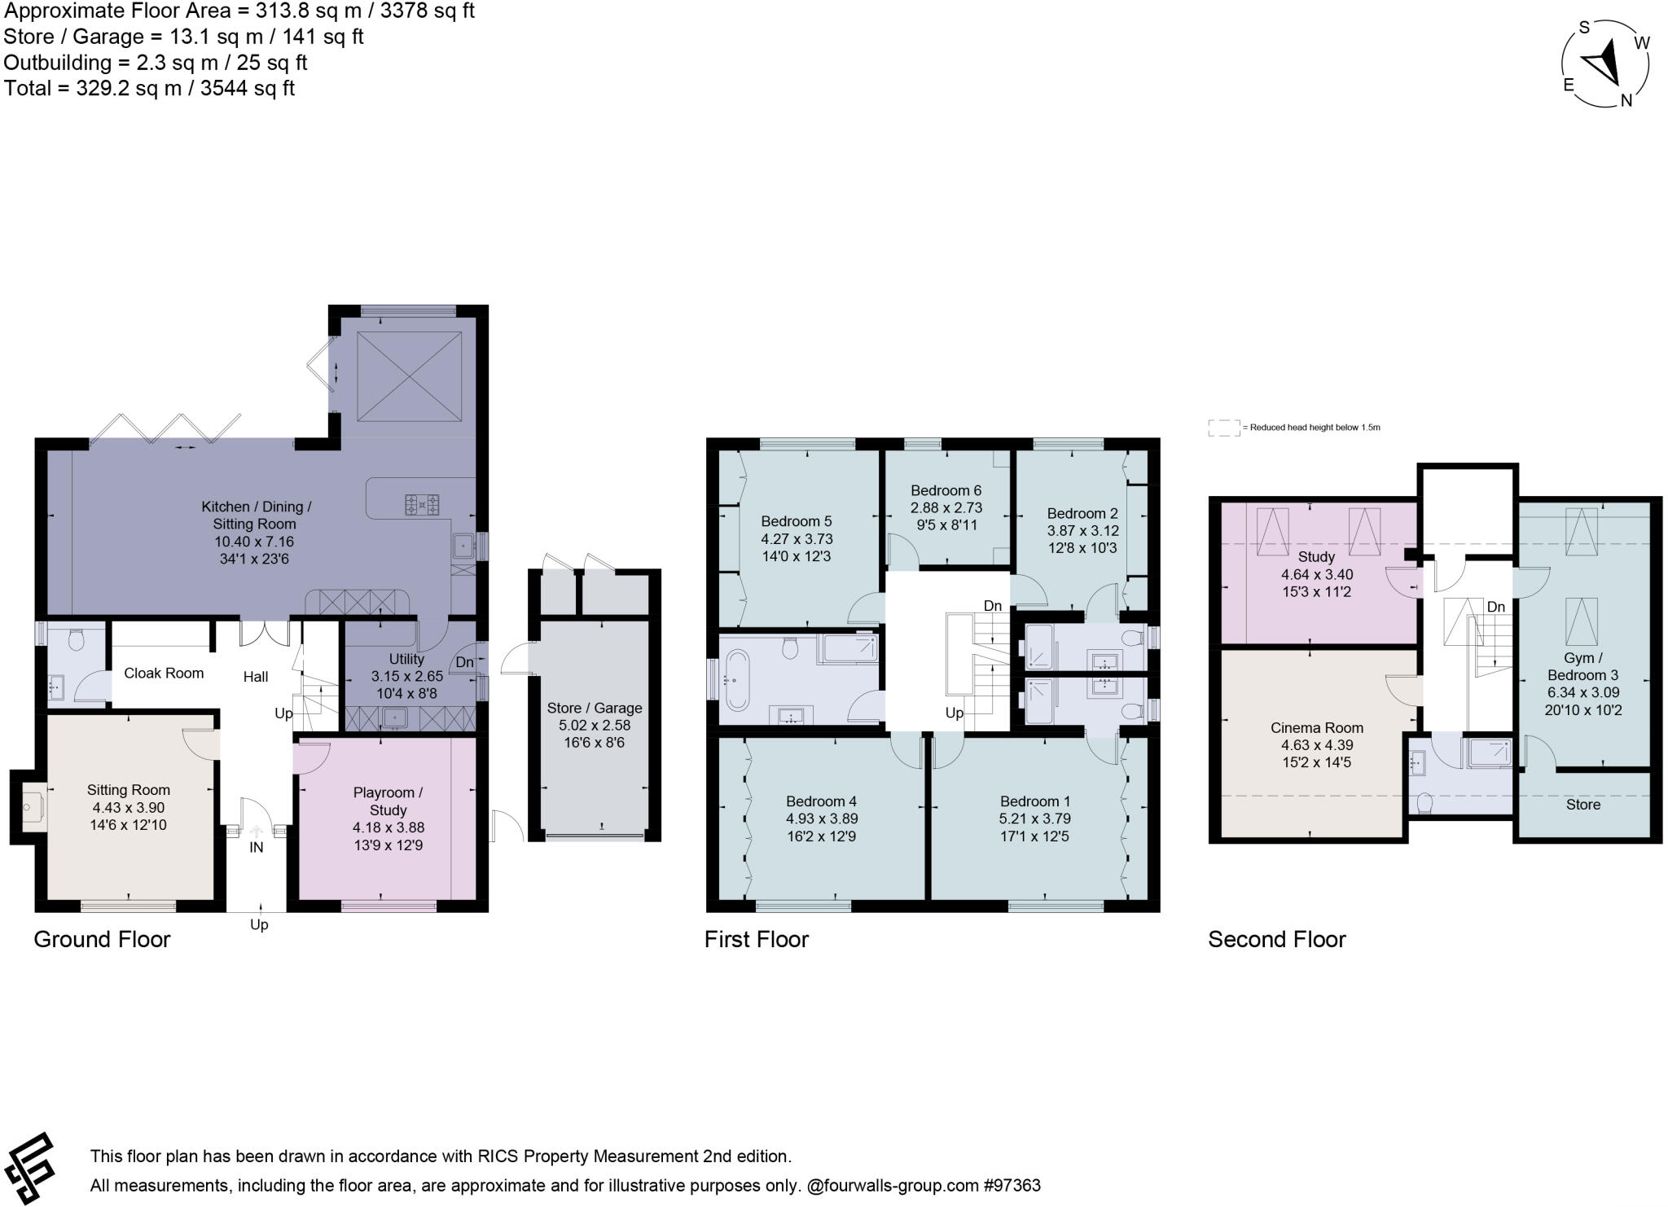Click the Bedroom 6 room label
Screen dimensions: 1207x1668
coord(946,490)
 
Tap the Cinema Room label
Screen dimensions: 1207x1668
coord(1316,727)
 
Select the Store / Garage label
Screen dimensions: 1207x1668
coord(595,708)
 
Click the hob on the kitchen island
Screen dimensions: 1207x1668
coord(423,505)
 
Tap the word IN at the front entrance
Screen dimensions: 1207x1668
coord(257,847)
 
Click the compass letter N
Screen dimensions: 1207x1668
coord(1626,100)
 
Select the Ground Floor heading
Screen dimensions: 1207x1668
coord(102,939)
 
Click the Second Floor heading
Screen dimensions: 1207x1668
coord(1276,939)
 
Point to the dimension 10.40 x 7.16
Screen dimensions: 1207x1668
coord(254,542)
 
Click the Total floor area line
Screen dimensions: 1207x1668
coord(149,88)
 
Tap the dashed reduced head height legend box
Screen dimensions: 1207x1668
coord(1222,428)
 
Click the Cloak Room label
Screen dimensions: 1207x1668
coord(164,673)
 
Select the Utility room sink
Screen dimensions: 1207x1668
coord(396,718)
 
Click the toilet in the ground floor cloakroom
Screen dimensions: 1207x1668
coord(77,642)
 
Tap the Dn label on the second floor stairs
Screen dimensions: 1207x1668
coord(1495,607)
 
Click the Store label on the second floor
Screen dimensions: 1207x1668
coord(1582,804)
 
